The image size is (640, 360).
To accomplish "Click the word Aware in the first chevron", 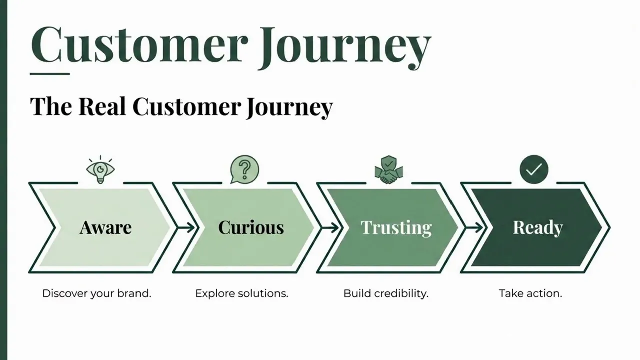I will coord(105,228).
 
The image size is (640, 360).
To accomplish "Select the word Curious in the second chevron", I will coord(251,228).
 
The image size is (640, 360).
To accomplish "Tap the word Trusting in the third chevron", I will coord(396,228).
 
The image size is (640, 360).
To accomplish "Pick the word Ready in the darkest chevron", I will coord(538,228).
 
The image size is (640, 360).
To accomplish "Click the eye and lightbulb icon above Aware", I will coord(100,170).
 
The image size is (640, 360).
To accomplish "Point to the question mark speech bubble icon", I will coord(244,169).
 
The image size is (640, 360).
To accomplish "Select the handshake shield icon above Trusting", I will coord(388,170).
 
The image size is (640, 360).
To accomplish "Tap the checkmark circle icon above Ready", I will coord(533,170).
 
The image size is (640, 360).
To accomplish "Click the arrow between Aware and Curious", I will coord(185,228).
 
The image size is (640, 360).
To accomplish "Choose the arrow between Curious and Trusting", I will coord(330,228).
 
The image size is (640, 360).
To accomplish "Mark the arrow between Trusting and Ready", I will coord(474,228).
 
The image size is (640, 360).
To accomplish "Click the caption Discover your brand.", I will coord(96,293).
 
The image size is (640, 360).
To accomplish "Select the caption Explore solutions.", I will coord(242,293).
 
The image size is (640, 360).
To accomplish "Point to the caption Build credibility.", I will coord(386,293).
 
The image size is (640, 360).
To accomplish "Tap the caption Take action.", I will coord(530,293).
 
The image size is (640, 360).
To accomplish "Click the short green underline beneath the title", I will coord(49,74).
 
